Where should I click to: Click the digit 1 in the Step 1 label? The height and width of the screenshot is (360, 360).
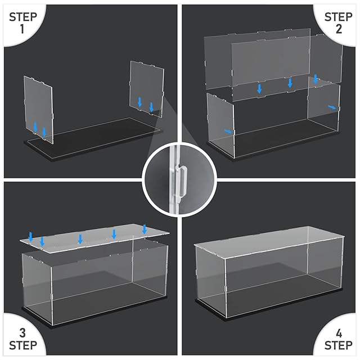[22, 29]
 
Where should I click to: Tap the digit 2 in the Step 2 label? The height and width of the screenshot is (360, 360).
[339, 29]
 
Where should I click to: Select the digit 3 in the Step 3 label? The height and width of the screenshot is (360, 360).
[22, 333]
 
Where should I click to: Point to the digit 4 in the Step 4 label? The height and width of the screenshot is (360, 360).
[339, 333]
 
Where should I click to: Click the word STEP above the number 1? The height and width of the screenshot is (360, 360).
[23, 17]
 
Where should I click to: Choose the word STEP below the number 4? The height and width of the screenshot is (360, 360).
[339, 345]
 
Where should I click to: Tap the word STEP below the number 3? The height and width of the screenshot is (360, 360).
[23, 345]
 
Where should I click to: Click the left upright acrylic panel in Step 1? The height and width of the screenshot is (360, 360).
[38, 110]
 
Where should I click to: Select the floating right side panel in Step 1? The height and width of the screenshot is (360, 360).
[147, 89]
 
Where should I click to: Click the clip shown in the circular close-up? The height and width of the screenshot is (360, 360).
[181, 181]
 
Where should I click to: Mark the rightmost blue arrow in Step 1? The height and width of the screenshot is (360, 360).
[151, 107]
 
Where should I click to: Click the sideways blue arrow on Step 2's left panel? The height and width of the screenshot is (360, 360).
[228, 131]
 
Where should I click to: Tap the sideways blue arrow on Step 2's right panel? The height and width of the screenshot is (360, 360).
[332, 107]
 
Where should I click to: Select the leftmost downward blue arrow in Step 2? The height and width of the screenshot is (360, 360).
[259, 89]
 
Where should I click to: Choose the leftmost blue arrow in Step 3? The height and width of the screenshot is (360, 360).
[30, 237]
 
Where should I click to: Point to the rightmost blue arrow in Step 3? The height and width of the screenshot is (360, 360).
[145, 229]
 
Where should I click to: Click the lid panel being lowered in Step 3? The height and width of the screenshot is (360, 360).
[94, 238]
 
